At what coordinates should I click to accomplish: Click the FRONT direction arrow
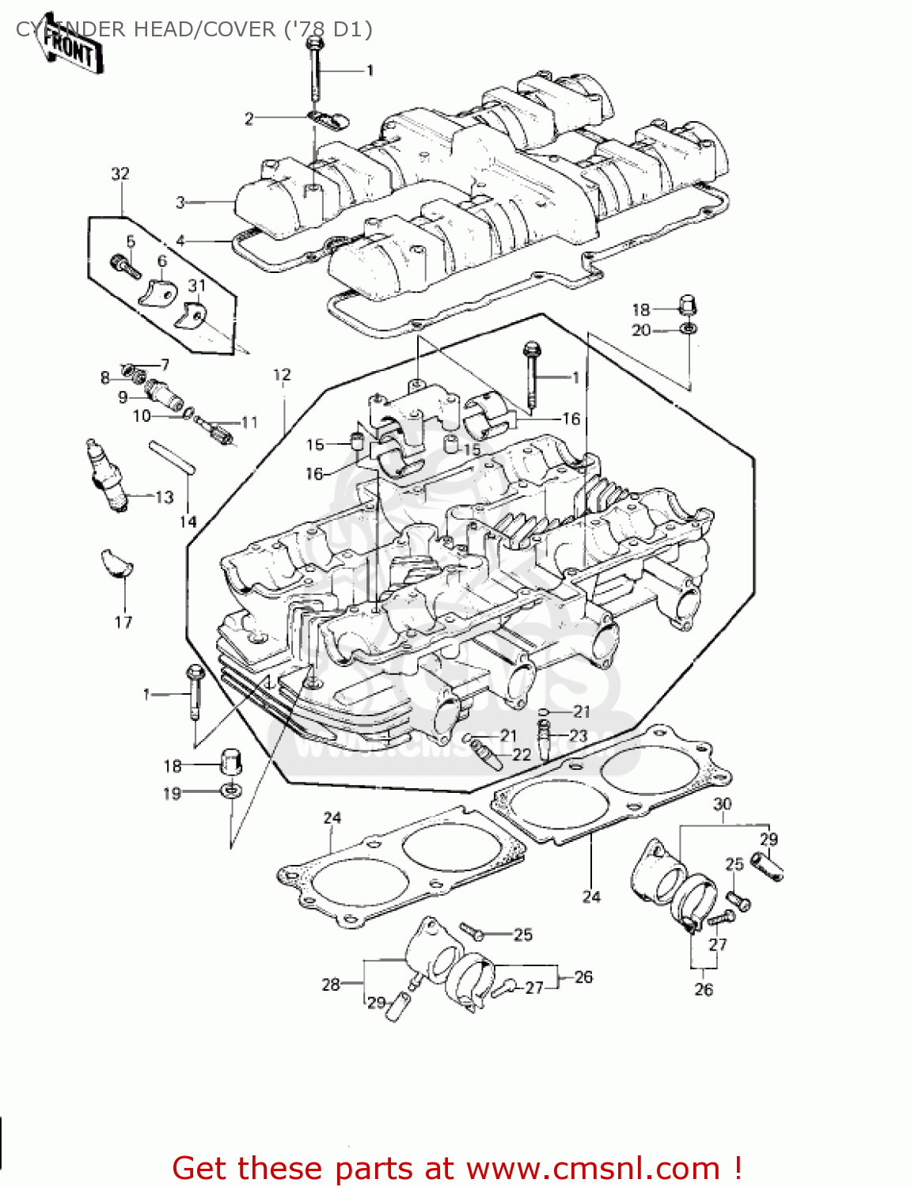[70, 49]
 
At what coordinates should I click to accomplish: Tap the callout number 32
[120, 173]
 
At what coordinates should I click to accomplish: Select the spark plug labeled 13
[106, 476]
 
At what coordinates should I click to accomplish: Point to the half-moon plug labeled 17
[117, 563]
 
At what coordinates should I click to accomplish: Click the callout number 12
[282, 375]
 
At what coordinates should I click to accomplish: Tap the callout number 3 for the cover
[180, 203]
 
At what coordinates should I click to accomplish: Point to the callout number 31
[196, 286]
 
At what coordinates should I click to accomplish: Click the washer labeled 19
[230, 790]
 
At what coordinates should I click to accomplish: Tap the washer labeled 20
[689, 328]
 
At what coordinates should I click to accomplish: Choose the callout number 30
[722, 805]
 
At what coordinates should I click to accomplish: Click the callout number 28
[330, 984]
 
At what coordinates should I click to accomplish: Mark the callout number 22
[522, 754]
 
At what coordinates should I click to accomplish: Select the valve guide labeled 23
[545, 741]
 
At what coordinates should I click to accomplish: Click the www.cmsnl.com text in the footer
[593, 1168]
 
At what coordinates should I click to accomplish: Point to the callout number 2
[249, 119]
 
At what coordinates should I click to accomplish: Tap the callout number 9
[123, 397]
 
